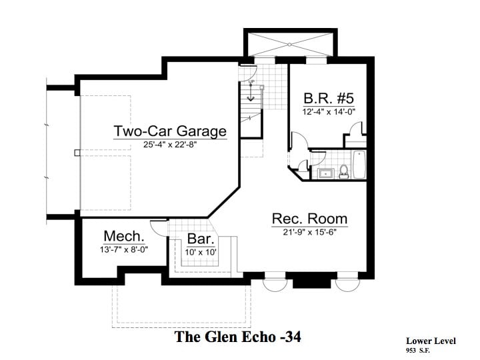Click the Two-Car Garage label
point(170,131)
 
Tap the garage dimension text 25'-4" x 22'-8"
point(170,145)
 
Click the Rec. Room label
point(309,219)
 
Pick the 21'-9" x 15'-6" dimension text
point(309,232)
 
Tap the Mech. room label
point(124,236)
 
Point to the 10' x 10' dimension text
point(200,252)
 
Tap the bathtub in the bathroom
point(359,166)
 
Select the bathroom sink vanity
point(325,174)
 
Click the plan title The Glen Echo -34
point(238,337)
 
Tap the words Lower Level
point(431,341)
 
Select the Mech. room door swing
point(159,227)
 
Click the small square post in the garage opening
point(77,153)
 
